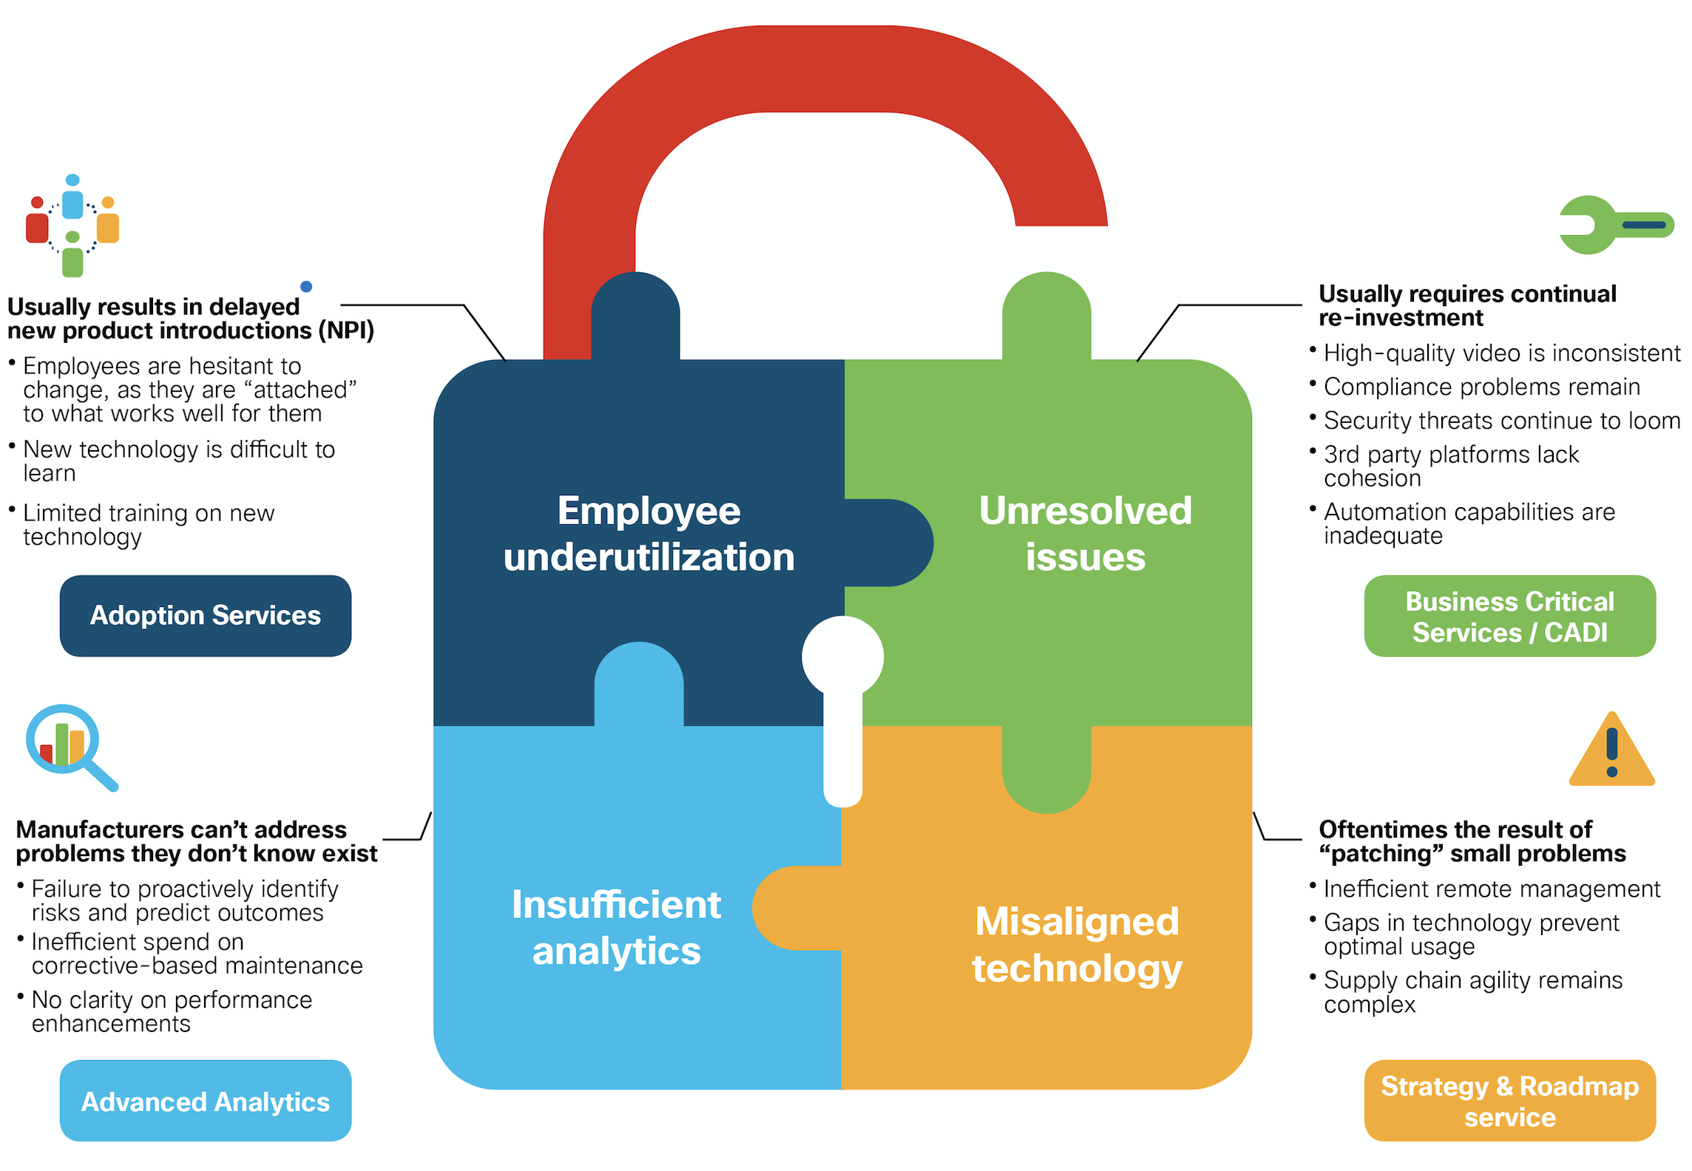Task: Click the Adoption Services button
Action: point(205,616)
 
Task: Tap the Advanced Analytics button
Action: point(205,1101)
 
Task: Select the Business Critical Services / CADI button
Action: point(1509,616)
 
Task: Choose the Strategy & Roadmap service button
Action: point(1509,1101)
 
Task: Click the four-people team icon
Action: point(72,225)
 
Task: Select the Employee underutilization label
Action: point(649,534)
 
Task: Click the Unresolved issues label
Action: point(1085,534)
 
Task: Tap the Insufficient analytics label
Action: point(616,928)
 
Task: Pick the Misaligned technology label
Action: point(1077,945)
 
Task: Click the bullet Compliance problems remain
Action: point(1481,387)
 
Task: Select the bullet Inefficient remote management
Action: point(1492,889)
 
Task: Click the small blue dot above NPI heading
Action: point(306,287)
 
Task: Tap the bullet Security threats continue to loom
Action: point(1501,421)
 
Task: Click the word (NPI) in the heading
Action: point(346,330)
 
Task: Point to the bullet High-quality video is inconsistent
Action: point(1501,353)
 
